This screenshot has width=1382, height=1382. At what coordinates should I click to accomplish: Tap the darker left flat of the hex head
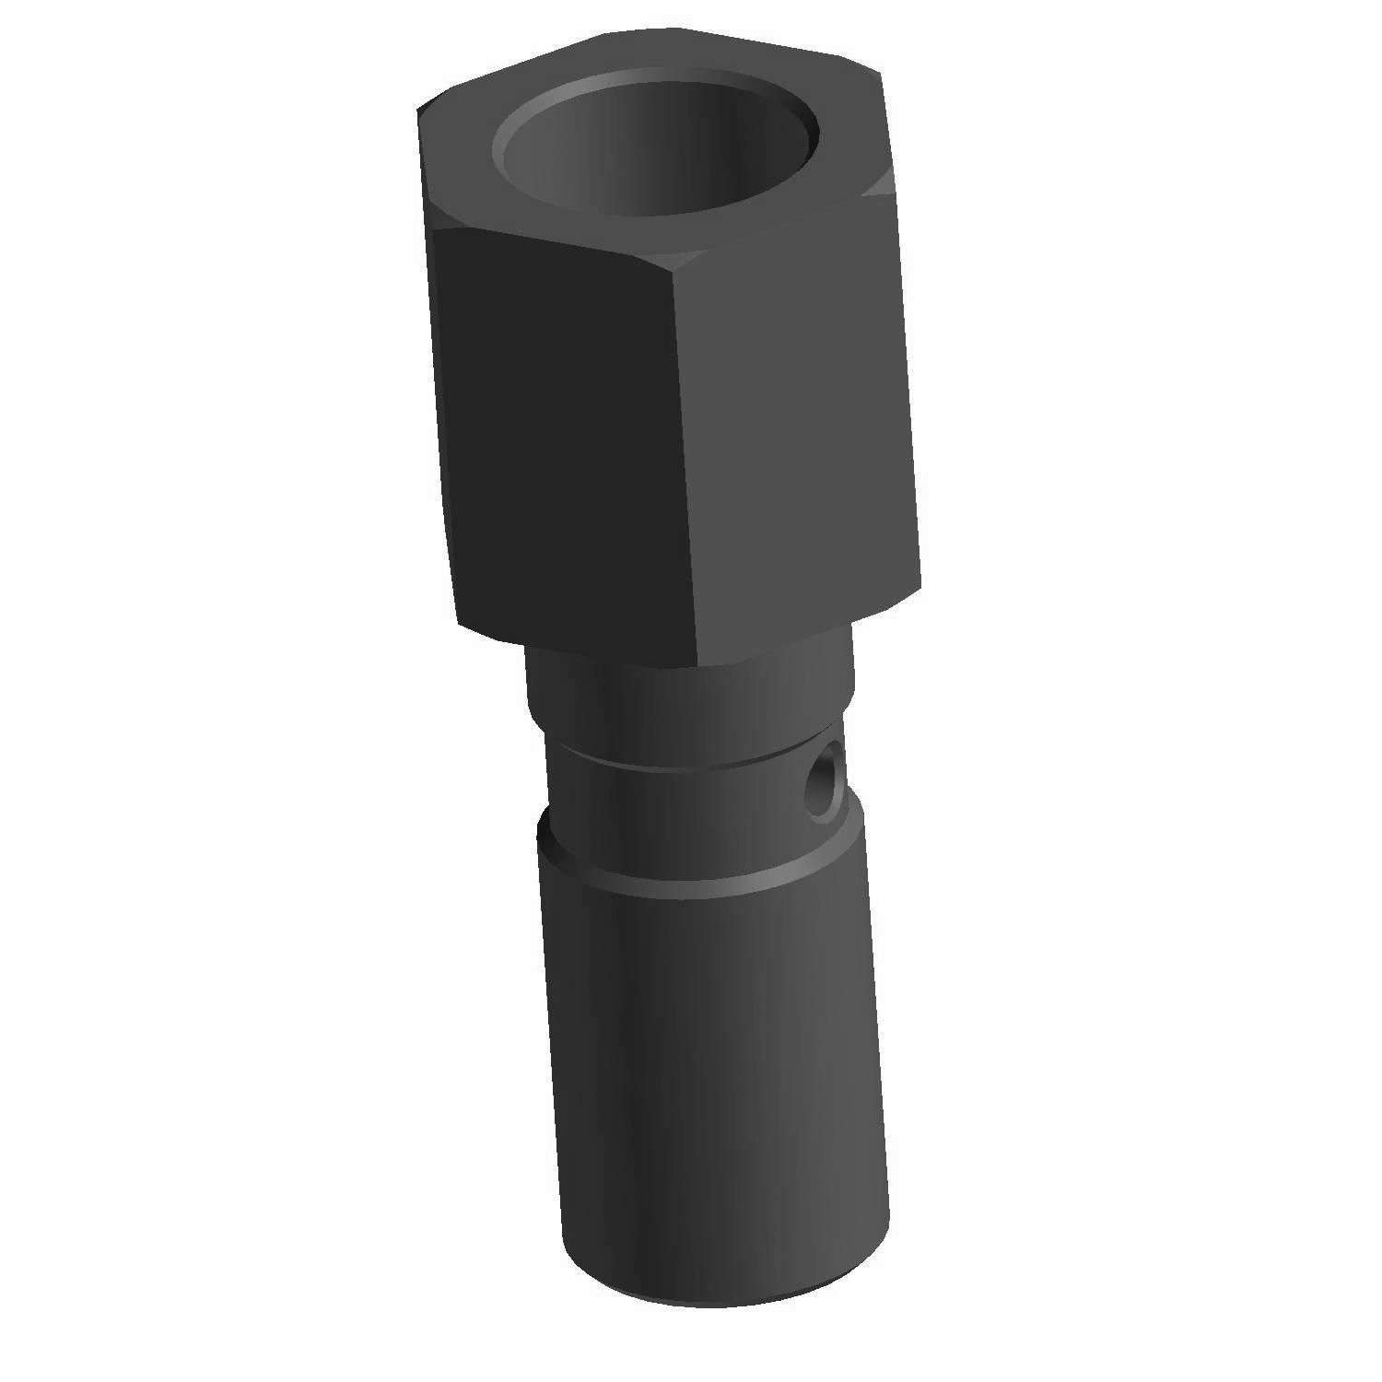pyautogui.click(x=562, y=442)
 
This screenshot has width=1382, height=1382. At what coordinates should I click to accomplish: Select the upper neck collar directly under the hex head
pyautogui.click(x=686, y=700)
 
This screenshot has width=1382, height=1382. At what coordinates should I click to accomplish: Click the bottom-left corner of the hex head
pyautogui.click(x=458, y=622)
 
